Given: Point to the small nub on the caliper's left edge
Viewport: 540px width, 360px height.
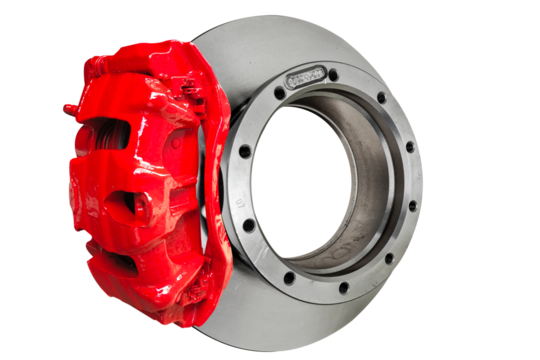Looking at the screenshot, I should pos(68,107).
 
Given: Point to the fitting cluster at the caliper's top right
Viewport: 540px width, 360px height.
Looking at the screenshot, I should pos(195,95).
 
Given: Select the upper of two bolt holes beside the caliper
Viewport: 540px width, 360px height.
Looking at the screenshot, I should pos(244,153).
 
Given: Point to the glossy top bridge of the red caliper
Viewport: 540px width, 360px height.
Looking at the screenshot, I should pos(150,60).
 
